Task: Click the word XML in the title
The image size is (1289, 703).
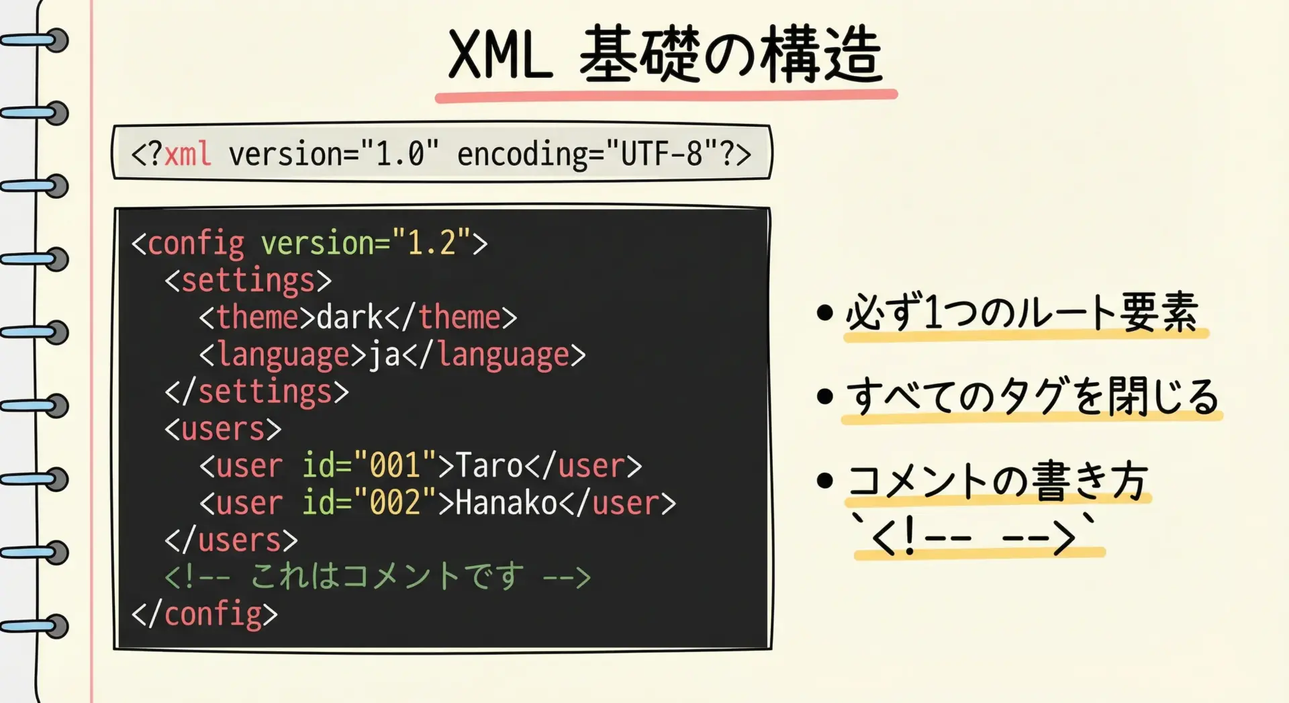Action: (x=501, y=55)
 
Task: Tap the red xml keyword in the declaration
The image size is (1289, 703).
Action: (x=187, y=154)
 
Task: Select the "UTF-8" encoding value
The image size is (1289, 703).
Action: (x=661, y=154)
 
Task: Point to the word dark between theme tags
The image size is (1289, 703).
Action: (x=350, y=317)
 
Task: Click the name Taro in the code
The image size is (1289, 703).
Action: (x=489, y=466)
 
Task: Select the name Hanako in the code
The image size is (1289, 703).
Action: (x=507, y=503)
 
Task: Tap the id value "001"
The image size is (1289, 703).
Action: (x=395, y=466)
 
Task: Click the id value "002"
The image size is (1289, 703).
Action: (x=395, y=503)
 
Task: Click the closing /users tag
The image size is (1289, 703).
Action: (x=232, y=541)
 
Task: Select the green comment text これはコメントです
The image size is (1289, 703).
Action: (x=387, y=577)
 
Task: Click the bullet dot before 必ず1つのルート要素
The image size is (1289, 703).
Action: (x=825, y=313)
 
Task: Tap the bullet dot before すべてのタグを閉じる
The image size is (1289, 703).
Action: (x=825, y=396)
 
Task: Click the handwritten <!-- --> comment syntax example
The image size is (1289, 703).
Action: (x=973, y=536)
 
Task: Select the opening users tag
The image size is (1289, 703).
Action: (x=223, y=429)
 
